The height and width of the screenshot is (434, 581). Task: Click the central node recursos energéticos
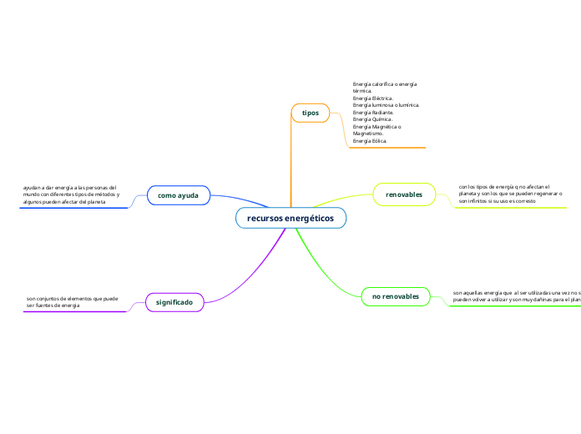[x=290, y=218]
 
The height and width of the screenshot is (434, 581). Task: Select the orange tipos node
[x=311, y=112]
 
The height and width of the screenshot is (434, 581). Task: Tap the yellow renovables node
[x=404, y=194]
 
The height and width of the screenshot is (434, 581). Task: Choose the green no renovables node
[x=396, y=296]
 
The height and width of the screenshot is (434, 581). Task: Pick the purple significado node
[x=174, y=301]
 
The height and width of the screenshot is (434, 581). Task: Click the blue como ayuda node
[x=178, y=194]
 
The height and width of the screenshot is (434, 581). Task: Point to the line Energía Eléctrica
[x=373, y=98]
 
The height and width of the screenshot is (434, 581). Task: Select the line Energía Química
[x=372, y=119]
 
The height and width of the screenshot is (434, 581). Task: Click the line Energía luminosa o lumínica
[x=386, y=105]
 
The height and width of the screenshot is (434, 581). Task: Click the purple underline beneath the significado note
[x=75, y=311]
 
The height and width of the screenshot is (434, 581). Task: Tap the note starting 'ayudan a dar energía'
[x=71, y=194]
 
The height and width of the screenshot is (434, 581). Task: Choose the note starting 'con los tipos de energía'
[x=509, y=194]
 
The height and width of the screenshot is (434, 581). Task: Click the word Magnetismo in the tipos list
[x=368, y=134]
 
